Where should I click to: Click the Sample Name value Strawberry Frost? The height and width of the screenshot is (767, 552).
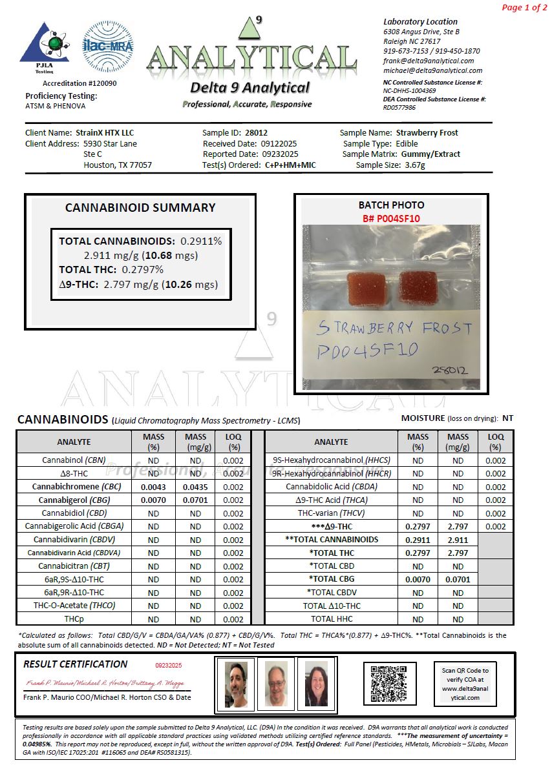(x=427, y=132)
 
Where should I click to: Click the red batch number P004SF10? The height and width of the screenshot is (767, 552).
(x=391, y=218)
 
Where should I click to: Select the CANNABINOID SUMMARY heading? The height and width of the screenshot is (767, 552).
(x=140, y=208)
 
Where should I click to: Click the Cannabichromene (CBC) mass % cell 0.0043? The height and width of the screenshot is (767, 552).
(x=153, y=487)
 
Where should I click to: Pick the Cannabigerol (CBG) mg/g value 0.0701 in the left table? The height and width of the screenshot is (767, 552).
(x=195, y=500)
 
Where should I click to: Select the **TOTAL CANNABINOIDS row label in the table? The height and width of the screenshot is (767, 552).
(x=331, y=540)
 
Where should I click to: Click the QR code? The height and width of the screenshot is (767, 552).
(x=388, y=683)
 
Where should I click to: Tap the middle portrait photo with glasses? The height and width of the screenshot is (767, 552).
(x=277, y=684)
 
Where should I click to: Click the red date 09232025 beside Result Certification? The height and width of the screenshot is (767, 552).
(x=169, y=665)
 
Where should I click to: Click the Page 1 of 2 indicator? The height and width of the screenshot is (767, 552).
(x=524, y=8)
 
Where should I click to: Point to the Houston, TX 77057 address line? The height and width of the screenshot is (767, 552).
(x=118, y=165)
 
